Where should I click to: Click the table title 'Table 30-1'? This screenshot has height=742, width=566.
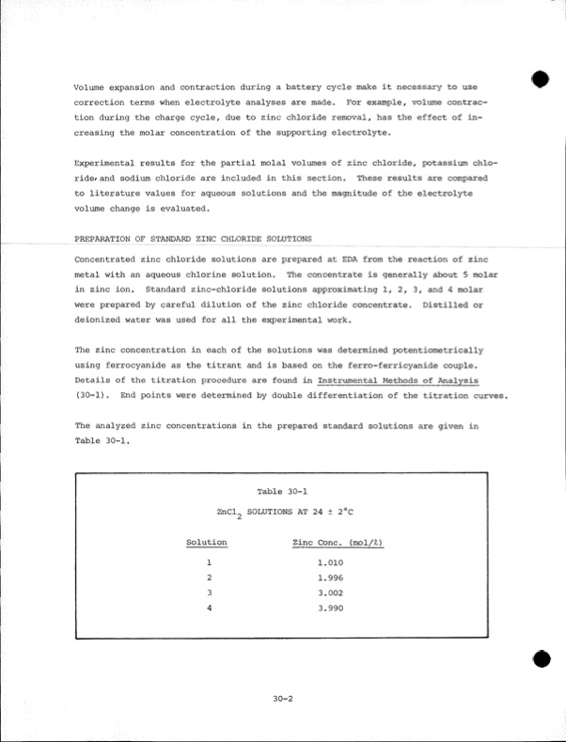point(282,490)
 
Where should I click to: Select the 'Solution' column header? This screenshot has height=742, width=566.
point(207,543)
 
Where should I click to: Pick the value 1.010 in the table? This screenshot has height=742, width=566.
point(330,562)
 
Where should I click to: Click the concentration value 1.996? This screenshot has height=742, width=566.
point(330,577)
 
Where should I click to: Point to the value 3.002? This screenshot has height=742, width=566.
point(330,592)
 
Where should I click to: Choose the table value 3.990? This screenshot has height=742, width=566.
point(330,608)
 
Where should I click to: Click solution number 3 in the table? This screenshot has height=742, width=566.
point(208,592)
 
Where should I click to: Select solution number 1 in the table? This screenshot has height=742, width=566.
point(208,562)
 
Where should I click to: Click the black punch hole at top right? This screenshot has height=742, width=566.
point(539,79)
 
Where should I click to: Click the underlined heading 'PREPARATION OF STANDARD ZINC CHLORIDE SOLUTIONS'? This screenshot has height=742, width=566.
point(193,239)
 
